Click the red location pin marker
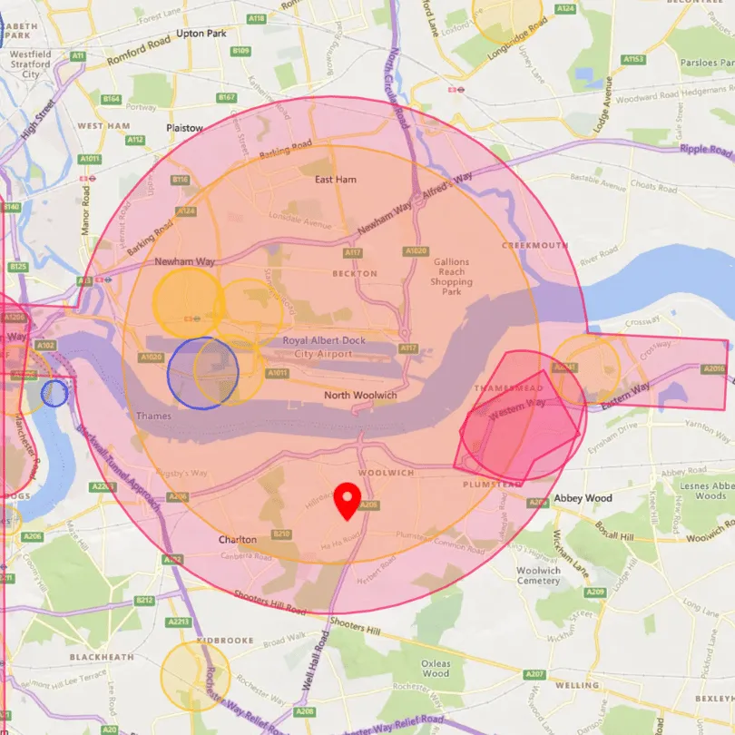pos(346,498)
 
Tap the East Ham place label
pos(335,180)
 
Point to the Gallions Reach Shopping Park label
pos(451,271)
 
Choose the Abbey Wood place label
pos(583,498)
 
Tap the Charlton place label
pos(238,540)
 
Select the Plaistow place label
pos(185,129)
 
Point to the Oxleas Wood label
pos(436,669)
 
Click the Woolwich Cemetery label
pos(539,575)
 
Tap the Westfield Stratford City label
pos(30,64)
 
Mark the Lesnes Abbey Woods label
pos(704,491)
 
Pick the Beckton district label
pos(354,273)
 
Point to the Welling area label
pos(577,686)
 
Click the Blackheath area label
pos(102,657)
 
